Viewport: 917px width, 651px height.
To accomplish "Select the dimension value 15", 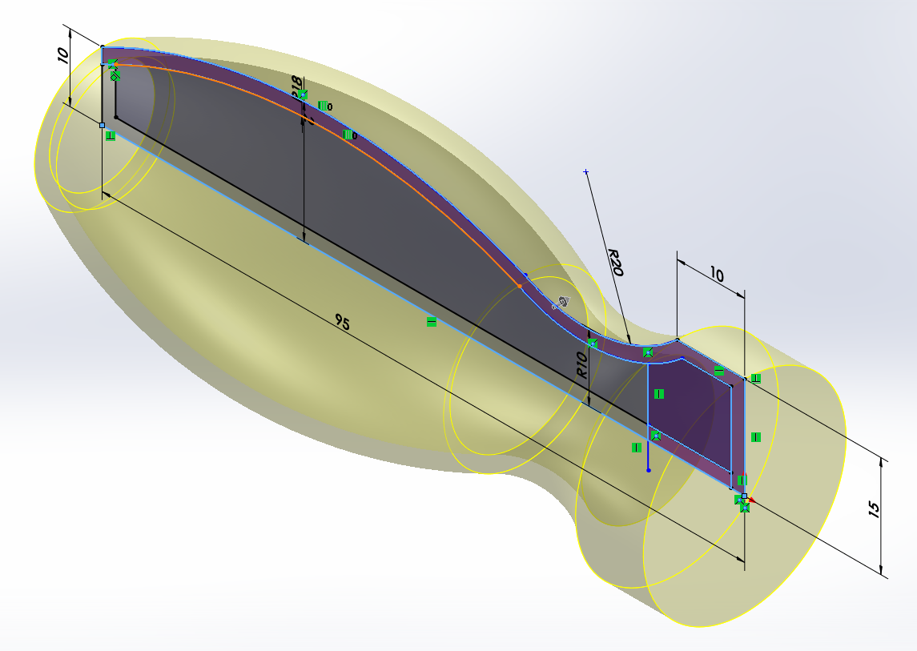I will click(874, 508).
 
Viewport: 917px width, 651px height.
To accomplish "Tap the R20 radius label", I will click(615, 262).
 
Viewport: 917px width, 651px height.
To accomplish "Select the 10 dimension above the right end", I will click(716, 275).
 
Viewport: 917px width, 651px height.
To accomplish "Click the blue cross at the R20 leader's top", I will click(586, 172).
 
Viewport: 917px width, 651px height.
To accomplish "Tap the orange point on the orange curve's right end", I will click(520, 286).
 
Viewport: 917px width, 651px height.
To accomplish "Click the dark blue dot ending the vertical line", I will click(648, 470).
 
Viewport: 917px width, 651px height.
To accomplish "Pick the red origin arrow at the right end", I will click(751, 501).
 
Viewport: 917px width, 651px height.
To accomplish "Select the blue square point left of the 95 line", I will click(102, 125).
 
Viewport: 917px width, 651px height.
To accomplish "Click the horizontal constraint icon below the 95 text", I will click(432, 322).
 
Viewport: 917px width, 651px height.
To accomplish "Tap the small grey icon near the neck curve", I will click(562, 302).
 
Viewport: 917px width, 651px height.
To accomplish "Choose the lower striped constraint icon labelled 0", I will click(348, 135).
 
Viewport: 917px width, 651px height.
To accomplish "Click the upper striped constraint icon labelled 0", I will click(323, 106).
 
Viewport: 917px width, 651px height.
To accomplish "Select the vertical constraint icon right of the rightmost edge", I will click(755, 437).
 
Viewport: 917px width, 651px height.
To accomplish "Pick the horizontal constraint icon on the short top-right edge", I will click(718, 372).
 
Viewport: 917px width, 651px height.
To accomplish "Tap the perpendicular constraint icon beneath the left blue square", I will click(111, 136).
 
